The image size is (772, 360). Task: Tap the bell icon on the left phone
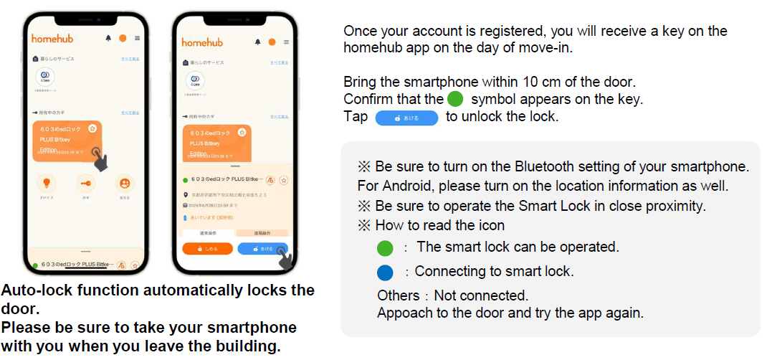coord(108,38)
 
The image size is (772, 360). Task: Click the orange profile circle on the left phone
coord(123,38)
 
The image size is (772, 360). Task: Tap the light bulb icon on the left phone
coord(46,183)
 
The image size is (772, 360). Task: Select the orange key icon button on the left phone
coord(86,183)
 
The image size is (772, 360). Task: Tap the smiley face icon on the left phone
coord(125,183)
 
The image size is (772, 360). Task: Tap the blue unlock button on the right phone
coord(261,248)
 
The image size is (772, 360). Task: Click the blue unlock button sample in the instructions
coord(406,117)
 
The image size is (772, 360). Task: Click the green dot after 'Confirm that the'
coord(455,100)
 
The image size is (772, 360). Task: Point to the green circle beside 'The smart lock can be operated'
coord(386,249)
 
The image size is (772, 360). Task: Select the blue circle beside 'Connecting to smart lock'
coord(386,273)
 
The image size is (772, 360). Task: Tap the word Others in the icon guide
coord(399,295)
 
